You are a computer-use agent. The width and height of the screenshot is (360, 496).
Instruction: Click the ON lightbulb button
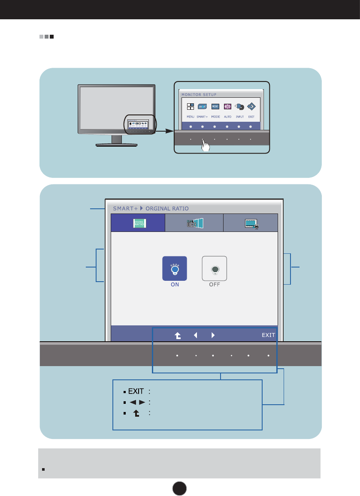(x=175, y=269)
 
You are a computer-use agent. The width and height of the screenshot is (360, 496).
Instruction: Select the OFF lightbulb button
(x=214, y=269)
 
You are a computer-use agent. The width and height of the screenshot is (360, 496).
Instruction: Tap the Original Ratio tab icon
(x=138, y=223)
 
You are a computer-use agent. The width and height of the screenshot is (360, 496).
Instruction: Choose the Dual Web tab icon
(x=194, y=223)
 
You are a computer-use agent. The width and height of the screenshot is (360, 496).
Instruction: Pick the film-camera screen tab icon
(x=251, y=223)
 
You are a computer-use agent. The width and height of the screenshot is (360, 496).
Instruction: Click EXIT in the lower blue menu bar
(x=269, y=335)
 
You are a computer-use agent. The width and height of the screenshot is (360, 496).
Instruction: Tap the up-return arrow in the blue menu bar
(x=177, y=335)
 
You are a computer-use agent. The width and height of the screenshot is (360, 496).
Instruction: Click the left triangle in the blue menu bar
(x=195, y=335)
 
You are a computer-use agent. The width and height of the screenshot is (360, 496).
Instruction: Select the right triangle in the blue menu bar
(x=213, y=335)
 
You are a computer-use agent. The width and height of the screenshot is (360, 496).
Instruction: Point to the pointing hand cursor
(x=206, y=146)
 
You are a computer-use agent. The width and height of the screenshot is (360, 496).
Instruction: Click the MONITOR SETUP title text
(x=199, y=94)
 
